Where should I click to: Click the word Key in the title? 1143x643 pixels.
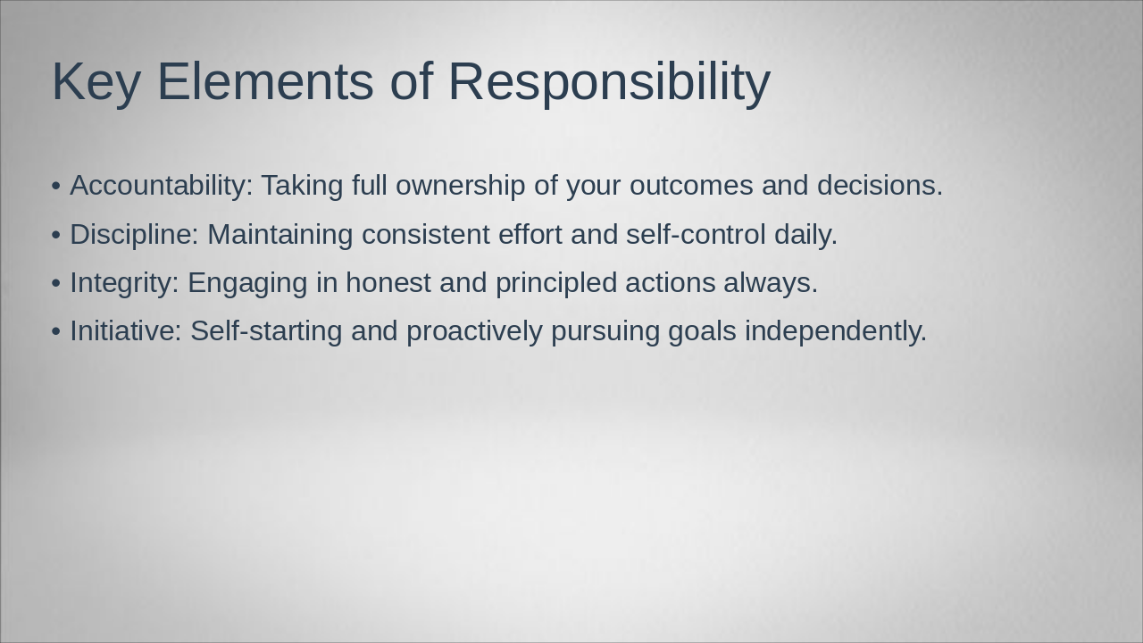coord(96,82)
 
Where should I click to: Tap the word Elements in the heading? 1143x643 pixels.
coord(264,82)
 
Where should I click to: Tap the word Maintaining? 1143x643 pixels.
coord(280,235)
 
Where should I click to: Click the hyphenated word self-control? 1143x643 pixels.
coord(696,235)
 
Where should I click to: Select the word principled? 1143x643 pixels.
coord(555,283)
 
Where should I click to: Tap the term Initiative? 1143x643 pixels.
coord(126,331)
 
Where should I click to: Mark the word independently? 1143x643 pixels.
coord(835,331)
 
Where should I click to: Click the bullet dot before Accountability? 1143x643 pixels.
coord(56,187)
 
